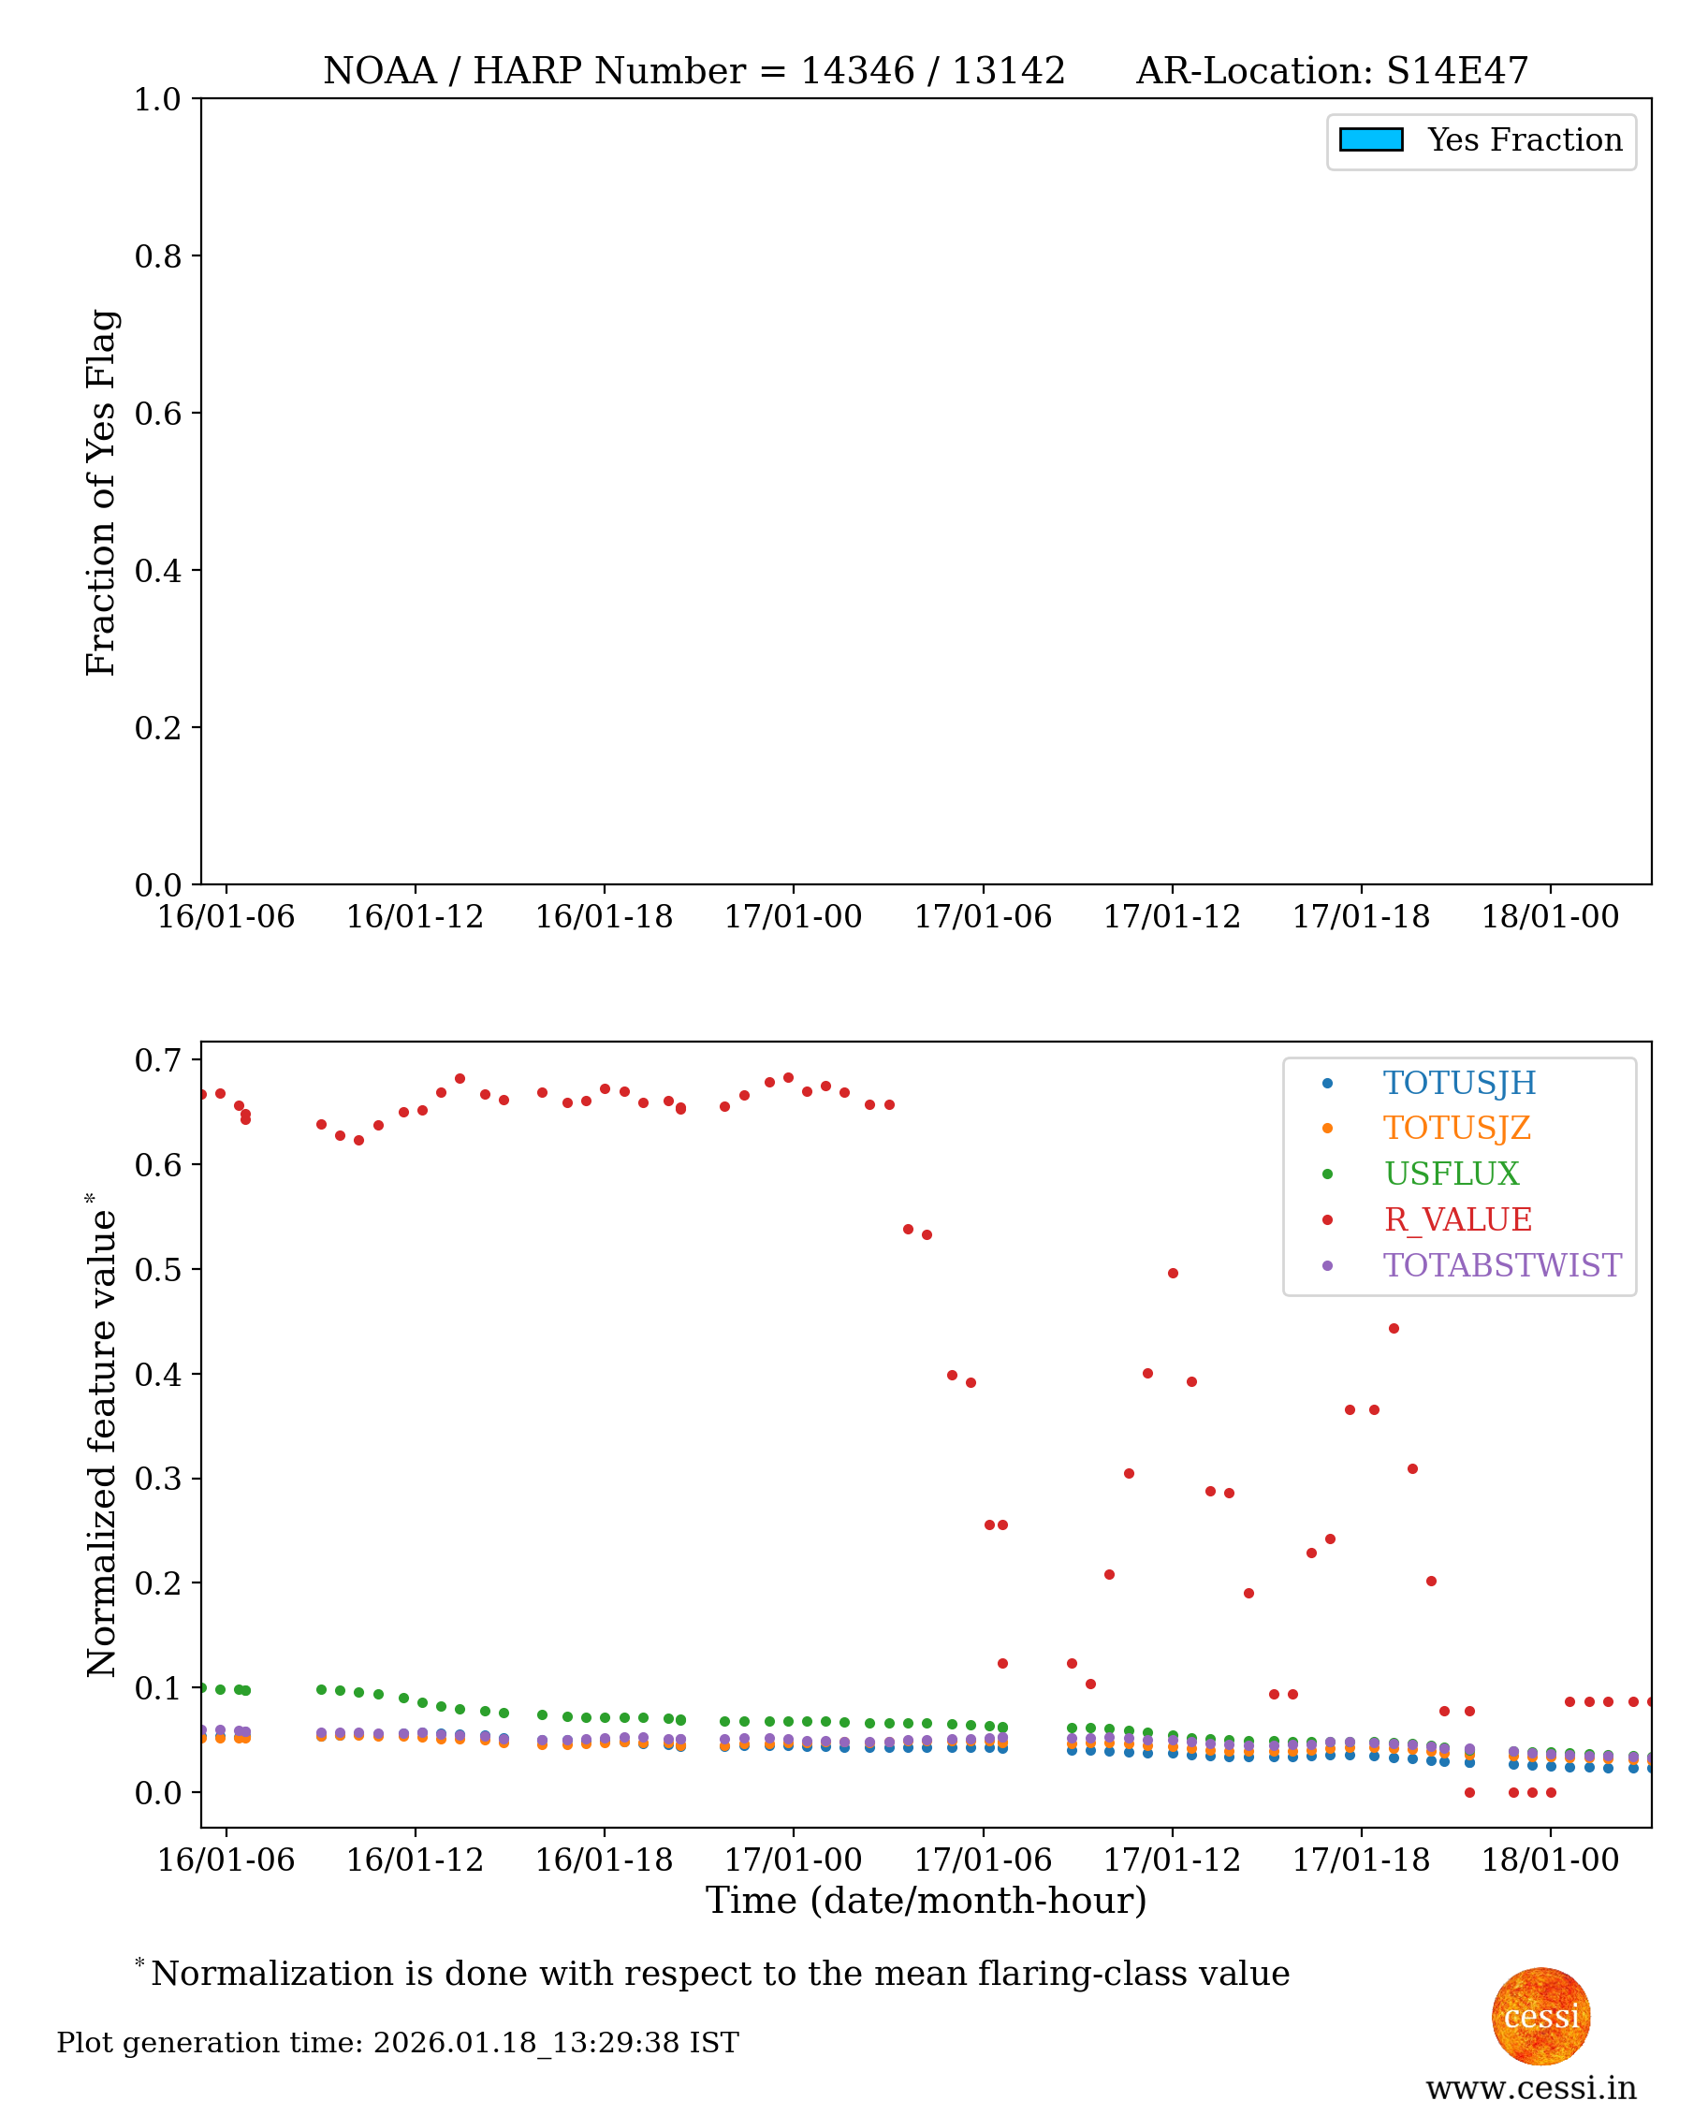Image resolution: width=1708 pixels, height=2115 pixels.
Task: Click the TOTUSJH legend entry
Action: [x=1458, y=1083]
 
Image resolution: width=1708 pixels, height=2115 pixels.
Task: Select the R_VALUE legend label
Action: [x=1457, y=1219]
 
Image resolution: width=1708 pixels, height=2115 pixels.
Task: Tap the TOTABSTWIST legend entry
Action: [x=1501, y=1265]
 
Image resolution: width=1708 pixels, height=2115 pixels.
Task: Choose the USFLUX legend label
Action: [x=1452, y=1174]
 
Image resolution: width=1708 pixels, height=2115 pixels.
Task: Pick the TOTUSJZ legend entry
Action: [x=1456, y=1129]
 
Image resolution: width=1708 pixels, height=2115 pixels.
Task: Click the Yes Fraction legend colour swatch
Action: [x=1370, y=139]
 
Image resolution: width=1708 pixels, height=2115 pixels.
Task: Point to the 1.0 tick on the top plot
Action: [x=157, y=99]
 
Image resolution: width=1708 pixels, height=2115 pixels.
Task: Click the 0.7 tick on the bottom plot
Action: [x=157, y=1060]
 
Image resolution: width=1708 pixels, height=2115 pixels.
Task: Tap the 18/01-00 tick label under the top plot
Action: [x=1550, y=917]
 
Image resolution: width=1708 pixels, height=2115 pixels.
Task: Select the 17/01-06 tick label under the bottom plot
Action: [x=982, y=1860]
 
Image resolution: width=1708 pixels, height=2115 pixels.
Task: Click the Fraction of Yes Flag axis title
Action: [x=101, y=492]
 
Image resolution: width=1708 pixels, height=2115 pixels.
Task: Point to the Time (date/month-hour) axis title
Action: [x=926, y=1901]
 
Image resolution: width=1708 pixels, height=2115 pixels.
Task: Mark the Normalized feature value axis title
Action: [x=101, y=1437]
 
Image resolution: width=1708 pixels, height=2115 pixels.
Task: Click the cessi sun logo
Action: [x=1540, y=2016]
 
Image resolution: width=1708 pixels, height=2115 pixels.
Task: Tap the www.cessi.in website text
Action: [x=1531, y=2089]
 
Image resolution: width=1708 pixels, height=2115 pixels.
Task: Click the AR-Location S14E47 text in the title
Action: [x=1332, y=71]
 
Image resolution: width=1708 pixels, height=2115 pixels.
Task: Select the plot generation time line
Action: [x=398, y=2043]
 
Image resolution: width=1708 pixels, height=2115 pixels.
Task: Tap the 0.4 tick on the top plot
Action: [x=157, y=571]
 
